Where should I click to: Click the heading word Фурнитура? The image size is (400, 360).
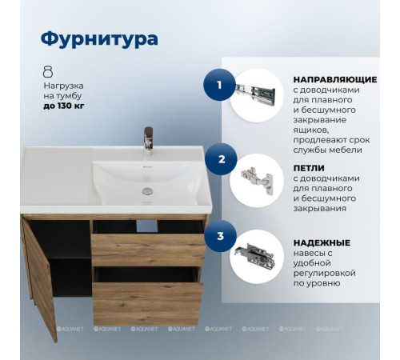[x=99, y=38]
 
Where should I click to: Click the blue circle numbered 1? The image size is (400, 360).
[x=220, y=83]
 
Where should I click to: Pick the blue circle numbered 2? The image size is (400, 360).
[x=221, y=159]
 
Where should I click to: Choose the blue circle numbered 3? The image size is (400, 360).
[x=220, y=237]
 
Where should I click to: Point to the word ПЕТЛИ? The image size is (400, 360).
[x=309, y=167]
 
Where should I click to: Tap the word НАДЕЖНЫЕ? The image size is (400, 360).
[x=320, y=242]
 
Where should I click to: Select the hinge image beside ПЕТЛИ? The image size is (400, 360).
[x=258, y=180]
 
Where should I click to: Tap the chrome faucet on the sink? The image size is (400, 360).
[x=146, y=141]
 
